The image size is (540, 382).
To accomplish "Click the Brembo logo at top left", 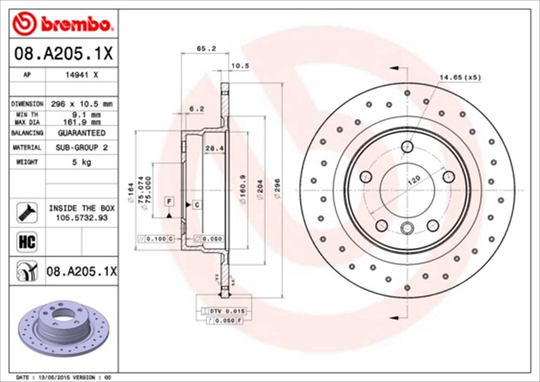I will click(63, 19).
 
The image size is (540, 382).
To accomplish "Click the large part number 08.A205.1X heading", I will click(63, 53).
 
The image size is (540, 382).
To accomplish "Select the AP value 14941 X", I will click(82, 74).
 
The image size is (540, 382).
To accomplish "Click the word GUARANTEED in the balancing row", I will click(82, 133).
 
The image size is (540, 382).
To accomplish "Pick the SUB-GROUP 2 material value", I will click(82, 148).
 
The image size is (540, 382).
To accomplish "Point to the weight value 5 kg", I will click(81, 162).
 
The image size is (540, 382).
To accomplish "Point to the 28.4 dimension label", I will click(214, 149).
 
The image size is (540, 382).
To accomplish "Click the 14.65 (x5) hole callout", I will click(459, 78).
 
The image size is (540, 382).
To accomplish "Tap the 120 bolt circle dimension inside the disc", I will click(414, 180).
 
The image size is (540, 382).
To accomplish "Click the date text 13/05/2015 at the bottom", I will click(59, 376).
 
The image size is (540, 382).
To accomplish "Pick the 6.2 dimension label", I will click(195, 109).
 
